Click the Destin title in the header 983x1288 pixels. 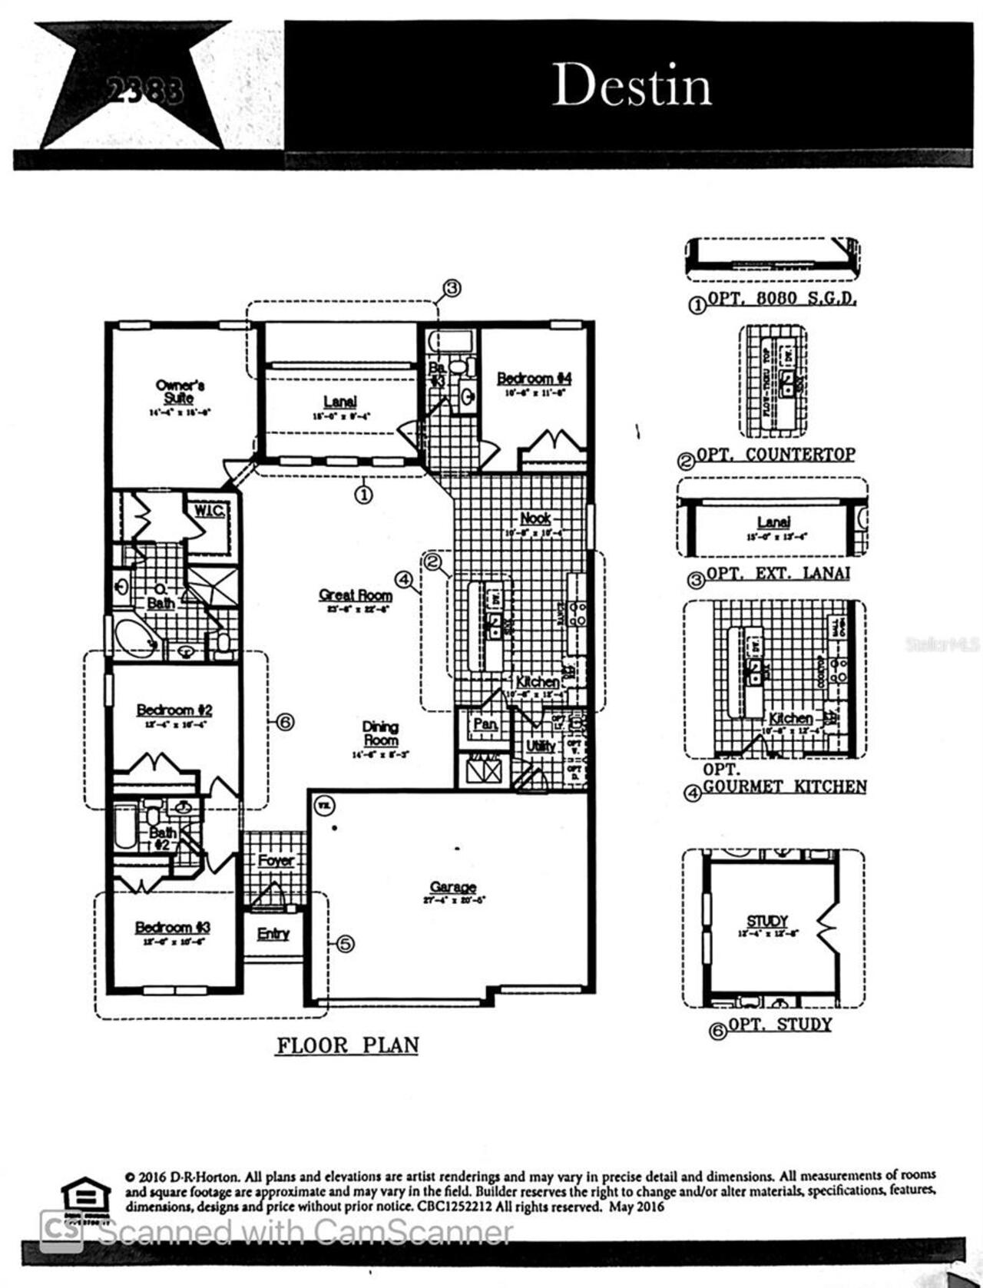(x=631, y=84)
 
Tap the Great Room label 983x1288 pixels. (x=356, y=595)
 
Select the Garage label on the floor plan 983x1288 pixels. (x=453, y=887)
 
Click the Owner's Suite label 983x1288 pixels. (x=180, y=392)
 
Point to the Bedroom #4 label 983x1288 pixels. (x=535, y=379)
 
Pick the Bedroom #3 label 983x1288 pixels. (x=173, y=928)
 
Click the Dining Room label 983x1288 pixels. (x=381, y=733)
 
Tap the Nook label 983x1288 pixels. (x=535, y=518)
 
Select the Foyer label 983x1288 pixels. (x=276, y=861)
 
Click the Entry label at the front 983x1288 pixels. (x=273, y=934)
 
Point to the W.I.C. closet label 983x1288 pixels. (x=209, y=511)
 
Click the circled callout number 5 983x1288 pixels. (x=346, y=944)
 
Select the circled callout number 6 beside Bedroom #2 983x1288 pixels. (x=285, y=722)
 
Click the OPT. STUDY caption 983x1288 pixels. (x=779, y=1025)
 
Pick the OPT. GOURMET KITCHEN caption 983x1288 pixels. (x=784, y=786)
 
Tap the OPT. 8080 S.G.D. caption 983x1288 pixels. (x=780, y=299)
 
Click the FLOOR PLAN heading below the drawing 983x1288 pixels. (x=348, y=1045)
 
